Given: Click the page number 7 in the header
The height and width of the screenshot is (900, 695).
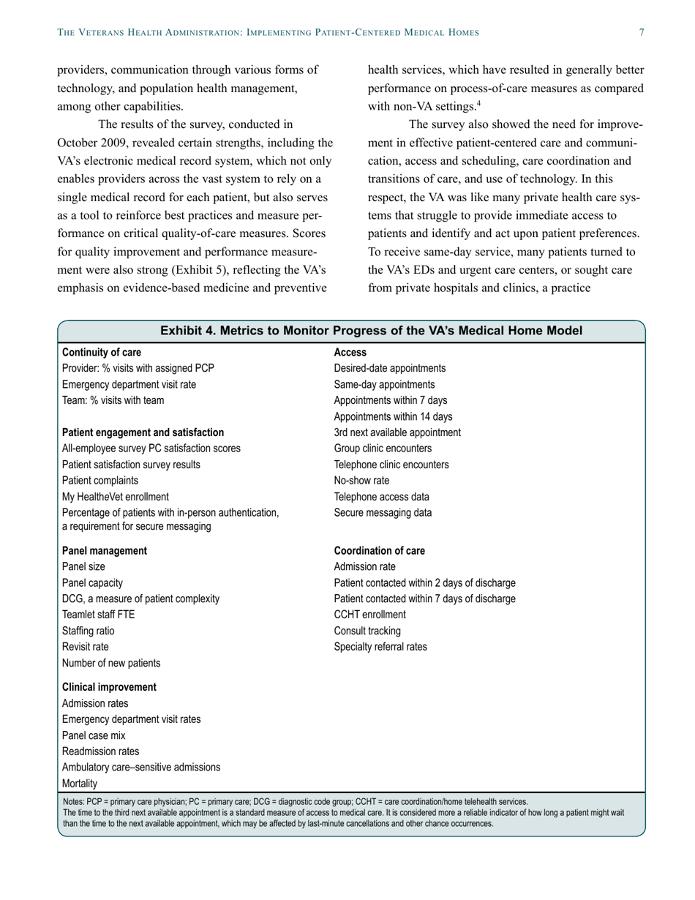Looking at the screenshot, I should coord(642,32).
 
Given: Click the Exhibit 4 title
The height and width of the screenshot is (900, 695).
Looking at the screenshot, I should coord(372,331).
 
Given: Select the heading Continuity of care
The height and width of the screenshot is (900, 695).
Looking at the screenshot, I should coord(102,353).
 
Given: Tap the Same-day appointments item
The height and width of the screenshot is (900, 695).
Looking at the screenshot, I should coord(384,385).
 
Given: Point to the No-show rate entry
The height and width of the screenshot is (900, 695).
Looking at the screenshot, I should coord(361,481).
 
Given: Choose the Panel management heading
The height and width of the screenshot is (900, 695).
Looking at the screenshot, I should coord(104,550).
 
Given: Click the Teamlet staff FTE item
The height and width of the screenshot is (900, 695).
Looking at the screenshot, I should coord(98,615).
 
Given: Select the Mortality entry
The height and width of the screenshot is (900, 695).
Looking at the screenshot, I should coord(80,784).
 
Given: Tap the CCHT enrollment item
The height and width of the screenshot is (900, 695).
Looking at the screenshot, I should coord(369,615).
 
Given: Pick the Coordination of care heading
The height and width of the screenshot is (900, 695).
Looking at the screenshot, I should coord(379,550).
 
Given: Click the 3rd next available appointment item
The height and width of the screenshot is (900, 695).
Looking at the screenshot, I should coord(397,432).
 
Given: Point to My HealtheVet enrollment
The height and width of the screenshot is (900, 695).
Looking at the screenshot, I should coord(115,497).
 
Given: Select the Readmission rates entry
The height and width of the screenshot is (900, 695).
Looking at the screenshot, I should coord(100,751).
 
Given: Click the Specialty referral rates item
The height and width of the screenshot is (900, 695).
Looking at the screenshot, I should coord(380,647).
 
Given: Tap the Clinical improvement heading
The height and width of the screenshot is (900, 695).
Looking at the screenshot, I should coord(109,687).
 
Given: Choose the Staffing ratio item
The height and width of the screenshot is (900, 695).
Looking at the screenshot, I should coord(88,631).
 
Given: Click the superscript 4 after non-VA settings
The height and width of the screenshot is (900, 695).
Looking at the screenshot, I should coord(478,104).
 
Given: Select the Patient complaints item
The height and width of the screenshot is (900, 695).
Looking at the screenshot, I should coord(99,481).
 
